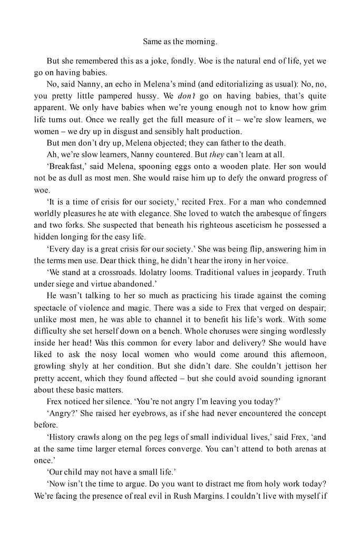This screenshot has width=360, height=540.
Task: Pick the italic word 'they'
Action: [220, 155]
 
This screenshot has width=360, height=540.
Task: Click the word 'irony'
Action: [254, 261]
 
